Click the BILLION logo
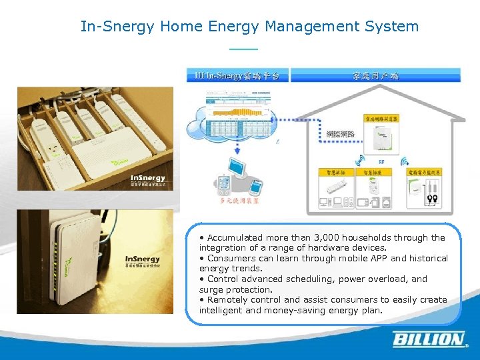[429, 339]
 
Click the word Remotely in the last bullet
[230, 300]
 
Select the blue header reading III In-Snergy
[238, 75]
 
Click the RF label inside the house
[381, 161]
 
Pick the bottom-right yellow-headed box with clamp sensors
[424, 190]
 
